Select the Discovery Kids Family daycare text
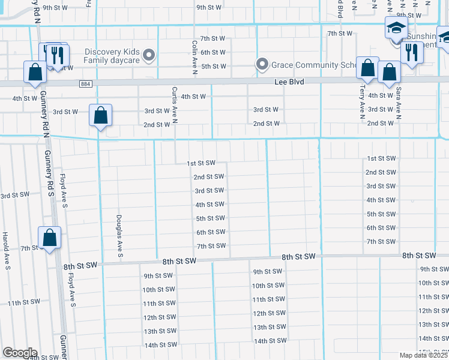point(112,56)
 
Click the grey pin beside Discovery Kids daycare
point(150,56)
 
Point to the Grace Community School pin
point(262,64)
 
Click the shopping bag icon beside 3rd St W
point(101,115)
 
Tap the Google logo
point(19,353)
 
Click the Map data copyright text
point(424,355)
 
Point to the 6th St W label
point(213,52)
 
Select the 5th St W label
point(213,66)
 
